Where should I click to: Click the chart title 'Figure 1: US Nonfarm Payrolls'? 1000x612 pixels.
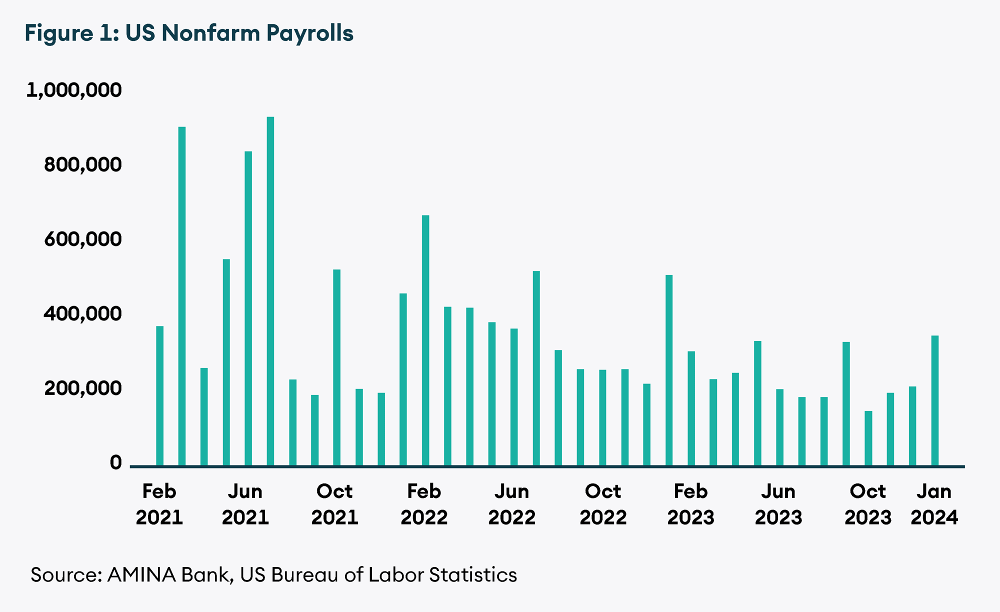click(x=189, y=33)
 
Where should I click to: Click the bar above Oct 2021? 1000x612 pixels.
click(x=336, y=368)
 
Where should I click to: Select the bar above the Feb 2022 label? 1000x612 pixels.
click(x=425, y=340)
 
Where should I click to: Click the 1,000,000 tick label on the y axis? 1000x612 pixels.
click(x=74, y=90)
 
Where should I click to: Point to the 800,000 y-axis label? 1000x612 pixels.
click(x=82, y=164)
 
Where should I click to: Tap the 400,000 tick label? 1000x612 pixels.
click(x=82, y=313)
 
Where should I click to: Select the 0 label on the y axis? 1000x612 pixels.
click(x=115, y=462)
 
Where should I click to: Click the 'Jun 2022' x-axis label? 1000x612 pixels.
click(x=512, y=504)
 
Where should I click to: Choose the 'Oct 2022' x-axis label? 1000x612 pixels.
click(x=603, y=504)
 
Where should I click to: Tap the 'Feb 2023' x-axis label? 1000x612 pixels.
click(x=691, y=504)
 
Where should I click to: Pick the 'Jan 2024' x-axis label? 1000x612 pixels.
click(x=934, y=504)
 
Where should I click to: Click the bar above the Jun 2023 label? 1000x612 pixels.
click(x=780, y=427)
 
